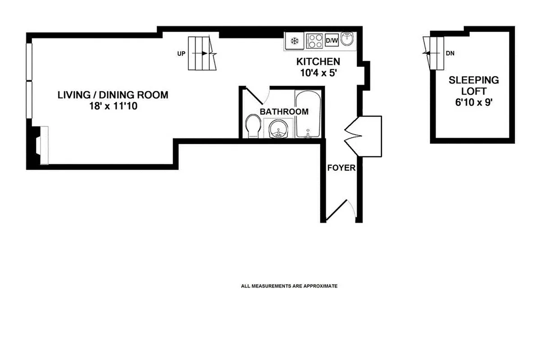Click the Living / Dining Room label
[x=113, y=95]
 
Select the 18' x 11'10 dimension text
[x=113, y=107]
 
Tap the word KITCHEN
[x=318, y=62]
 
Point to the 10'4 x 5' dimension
[x=318, y=72]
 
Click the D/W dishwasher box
[x=331, y=41]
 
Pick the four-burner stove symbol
[x=313, y=41]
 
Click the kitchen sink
[x=347, y=40]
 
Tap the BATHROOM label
[x=284, y=112]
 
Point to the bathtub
[x=308, y=115]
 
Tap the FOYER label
[x=341, y=168]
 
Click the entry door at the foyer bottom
[x=339, y=211]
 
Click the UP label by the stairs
[x=181, y=54]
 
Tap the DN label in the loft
[x=449, y=53]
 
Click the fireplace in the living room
[x=39, y=145]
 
